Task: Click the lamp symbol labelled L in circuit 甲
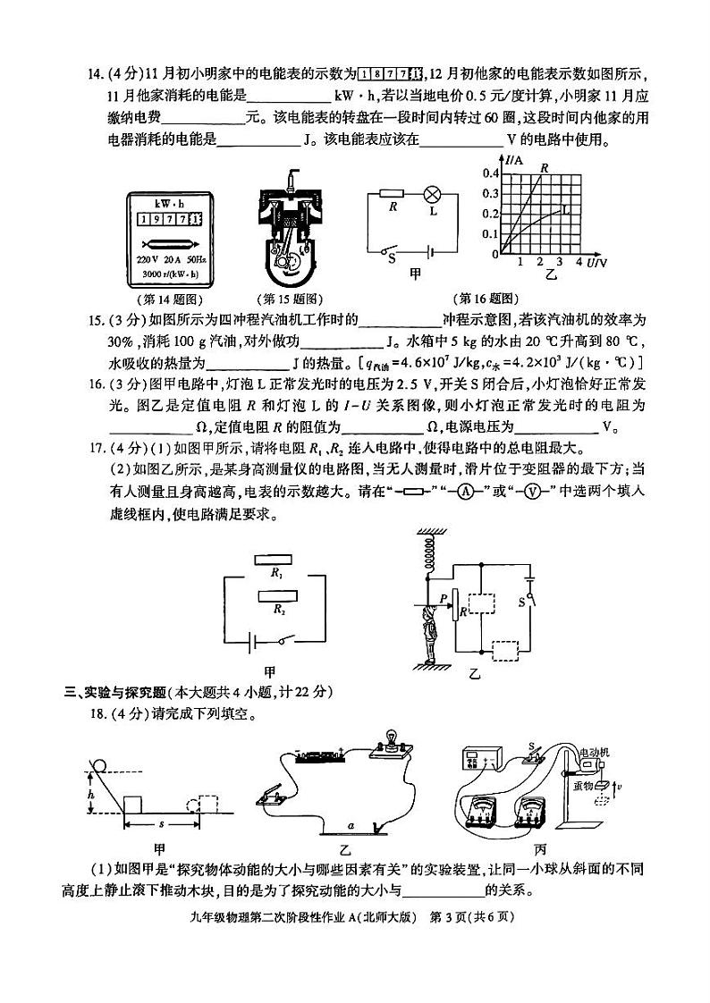[x=430, y=193]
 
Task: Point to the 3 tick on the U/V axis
[x=559, y=262]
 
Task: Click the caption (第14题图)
[x=168, y=299]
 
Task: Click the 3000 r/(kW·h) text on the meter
[x=169, y=274]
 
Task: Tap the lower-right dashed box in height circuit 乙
[x=507, y=650]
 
